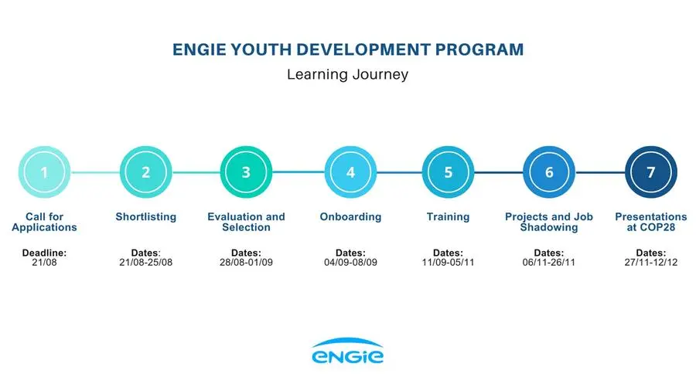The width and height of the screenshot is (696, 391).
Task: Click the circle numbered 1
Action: click(x=44, y=172)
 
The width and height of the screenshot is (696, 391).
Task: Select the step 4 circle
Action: click(x=350, y=172)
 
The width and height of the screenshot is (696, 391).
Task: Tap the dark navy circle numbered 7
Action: click(x=651, y=172)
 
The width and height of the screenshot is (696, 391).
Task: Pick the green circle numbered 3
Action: click(x=247, y=172)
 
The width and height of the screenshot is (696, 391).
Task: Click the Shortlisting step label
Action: click(x=146, y=217)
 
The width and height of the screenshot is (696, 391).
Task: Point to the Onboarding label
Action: click(x=350, y=217)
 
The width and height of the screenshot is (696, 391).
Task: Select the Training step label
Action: click(x=449, y=217)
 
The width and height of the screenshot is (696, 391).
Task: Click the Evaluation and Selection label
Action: click(x=247, y=222)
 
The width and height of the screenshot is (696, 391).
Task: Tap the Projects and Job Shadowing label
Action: click(x=549, y=222)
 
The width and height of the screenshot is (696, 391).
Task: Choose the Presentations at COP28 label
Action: click(x=651, y=222)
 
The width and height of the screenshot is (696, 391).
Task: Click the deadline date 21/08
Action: click(x=44, y=263)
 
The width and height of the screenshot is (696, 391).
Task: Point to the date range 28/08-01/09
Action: click(x=247, y=263)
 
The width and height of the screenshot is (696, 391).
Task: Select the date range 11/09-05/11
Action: click(x=449, y=263)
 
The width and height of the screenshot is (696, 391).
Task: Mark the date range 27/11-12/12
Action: click(x=651, y=263)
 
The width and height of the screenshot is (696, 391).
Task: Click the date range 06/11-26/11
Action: click(x=549, y=263)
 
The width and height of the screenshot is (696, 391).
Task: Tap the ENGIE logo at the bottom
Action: click(x=347, y=351)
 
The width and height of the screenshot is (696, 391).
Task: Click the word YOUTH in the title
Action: click(x=261, y=49)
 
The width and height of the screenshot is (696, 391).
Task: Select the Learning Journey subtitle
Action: click(x=347, y=74)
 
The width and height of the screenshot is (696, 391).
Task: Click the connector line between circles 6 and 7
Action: click(x=600, y=172)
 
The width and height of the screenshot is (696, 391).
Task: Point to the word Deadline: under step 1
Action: click(x=44, y=253)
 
